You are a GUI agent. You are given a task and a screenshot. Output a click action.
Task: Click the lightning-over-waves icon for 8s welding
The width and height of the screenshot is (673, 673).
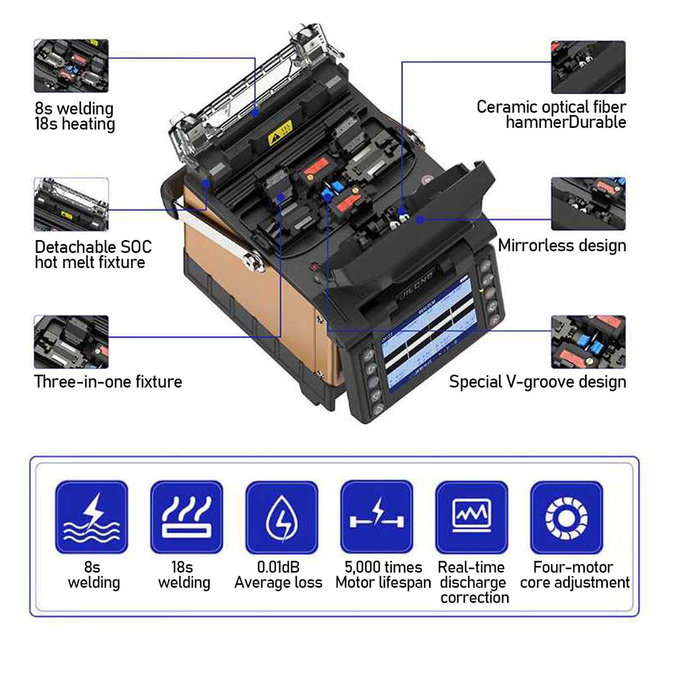coord(91,517)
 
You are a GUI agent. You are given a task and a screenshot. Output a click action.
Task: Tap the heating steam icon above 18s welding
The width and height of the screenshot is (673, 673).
coord(186,517)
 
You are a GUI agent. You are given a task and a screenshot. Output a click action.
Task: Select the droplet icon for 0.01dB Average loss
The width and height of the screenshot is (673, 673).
coord(282,517)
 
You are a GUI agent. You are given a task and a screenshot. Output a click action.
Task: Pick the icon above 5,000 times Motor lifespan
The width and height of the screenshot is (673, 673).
coord(376,517)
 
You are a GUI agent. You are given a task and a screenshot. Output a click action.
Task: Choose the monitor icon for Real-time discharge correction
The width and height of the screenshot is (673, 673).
coord(472,517)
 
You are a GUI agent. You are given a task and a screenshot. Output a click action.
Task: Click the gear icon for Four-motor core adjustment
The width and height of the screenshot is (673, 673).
coord(566,517)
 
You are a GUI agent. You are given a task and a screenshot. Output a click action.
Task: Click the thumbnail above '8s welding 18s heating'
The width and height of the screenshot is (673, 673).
coord(71,66)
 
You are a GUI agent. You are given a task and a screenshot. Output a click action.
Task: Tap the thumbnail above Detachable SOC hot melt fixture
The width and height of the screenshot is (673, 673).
coord(71,204)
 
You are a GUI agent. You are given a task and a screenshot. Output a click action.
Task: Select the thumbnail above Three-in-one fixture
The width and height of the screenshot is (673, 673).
coord(71,342)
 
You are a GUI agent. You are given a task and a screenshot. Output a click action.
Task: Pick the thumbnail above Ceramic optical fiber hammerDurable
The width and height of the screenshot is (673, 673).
coord(588,67)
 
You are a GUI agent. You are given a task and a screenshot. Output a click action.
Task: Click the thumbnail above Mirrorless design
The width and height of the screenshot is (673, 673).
coord(588,204)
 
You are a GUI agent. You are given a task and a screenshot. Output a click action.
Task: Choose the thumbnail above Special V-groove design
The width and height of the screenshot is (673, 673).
coord(588,342)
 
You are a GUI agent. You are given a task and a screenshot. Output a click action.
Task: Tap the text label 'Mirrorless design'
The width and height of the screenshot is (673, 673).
coord(562,246)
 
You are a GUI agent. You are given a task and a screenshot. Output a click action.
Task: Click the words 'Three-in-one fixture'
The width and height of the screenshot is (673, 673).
coord(108,382)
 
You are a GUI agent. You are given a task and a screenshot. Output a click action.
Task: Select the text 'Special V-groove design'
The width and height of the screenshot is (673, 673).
coord(537,382)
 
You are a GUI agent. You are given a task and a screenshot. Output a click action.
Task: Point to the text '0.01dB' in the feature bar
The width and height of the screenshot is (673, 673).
coord(278,567)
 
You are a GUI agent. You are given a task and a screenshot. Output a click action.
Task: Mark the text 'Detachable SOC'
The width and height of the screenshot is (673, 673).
coord(93,247)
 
